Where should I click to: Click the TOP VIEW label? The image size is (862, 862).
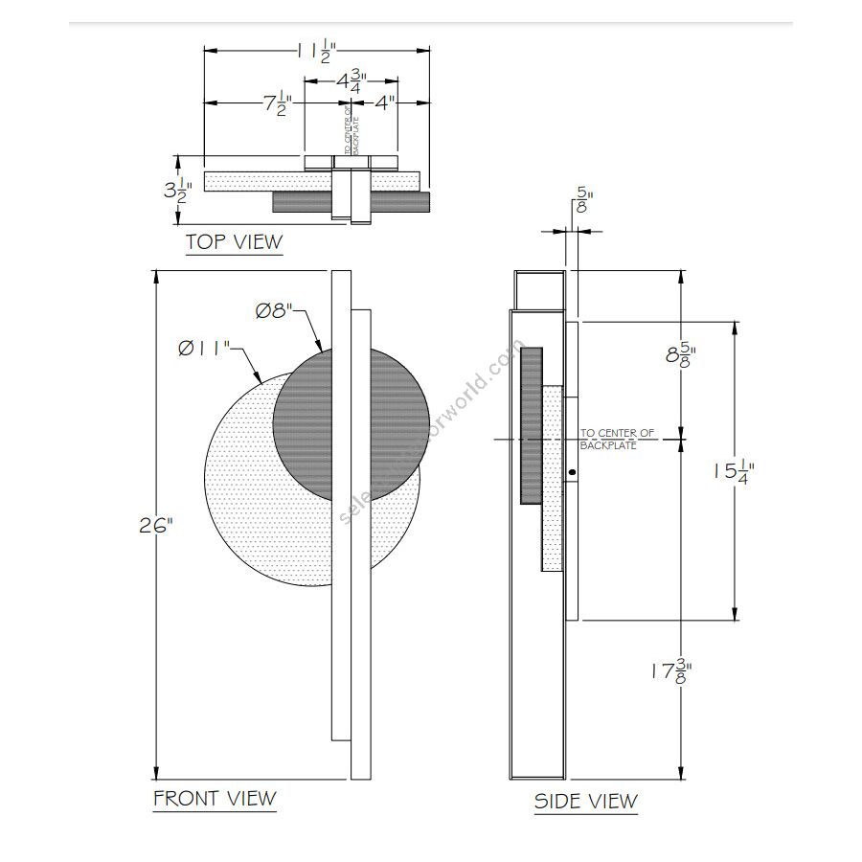pyautogui.click(x=235, y=241)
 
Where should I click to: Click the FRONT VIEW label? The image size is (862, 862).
pyautogui.click(x=215, y=798)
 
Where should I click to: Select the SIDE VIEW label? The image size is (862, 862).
pyautogui.click(x=585, y=801)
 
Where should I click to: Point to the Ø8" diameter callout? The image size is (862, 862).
pyautogui.click(x=279, y=311)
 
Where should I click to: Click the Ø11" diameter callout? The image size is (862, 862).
pyautogui.click(x=204, y=348)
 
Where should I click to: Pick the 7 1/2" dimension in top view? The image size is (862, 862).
pyautogui.click(x=271, y=103)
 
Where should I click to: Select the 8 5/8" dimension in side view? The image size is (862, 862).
pyautogui.click(x=680, y=356)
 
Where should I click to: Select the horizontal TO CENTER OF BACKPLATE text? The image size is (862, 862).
pyautogui.click(x=617, y=440)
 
